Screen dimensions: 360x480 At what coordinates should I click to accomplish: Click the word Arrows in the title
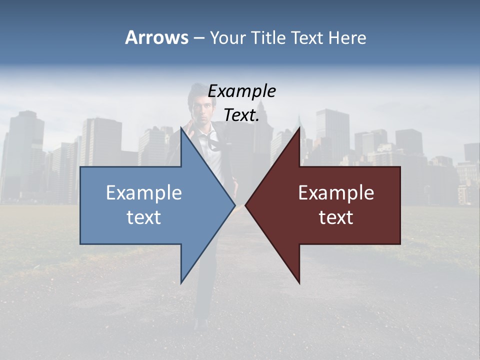pyautogui.click(x=156, y=37)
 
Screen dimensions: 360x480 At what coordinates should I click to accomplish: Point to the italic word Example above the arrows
pyautogui.click(x=241, y=91)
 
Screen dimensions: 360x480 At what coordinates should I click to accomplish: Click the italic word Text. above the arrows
pyautogui.click(x=241, y=115)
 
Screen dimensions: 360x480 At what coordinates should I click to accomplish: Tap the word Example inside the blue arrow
pyautogui.click(x=144, y=193)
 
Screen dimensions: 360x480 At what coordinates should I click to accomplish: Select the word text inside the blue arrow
pyautogui.click(x=144, y=217)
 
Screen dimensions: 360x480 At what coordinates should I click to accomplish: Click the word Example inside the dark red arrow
pyautogui.click(x=336, y=193)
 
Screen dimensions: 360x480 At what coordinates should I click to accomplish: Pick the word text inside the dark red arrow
pyautogui.click(x=336, y=217)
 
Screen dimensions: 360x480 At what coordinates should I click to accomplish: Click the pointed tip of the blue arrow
pyautogui.click(x=234, y=205)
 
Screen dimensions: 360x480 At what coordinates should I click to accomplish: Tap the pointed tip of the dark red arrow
pyautogui.click(x=246, y=205)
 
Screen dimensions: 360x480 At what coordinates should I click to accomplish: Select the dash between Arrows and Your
pyautogui.click(x=198, y=38)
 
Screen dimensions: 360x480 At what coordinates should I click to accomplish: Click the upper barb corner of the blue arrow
pyautogui.click(x=181, y=128)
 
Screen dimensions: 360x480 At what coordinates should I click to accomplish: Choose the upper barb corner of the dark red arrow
pyautogui.click(x=299, y=128)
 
